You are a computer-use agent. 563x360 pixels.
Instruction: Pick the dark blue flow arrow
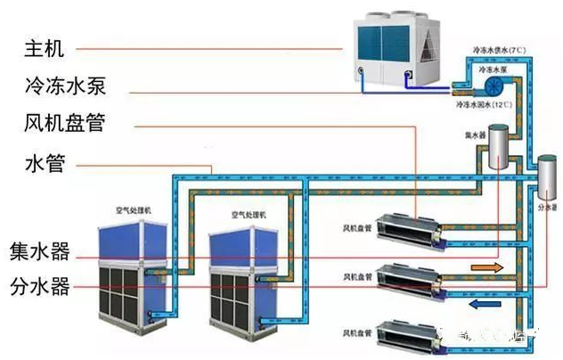(482, 303)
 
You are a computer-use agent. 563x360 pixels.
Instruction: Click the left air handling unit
(134, 272)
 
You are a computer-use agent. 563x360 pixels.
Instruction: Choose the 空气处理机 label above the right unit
(246, 215)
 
